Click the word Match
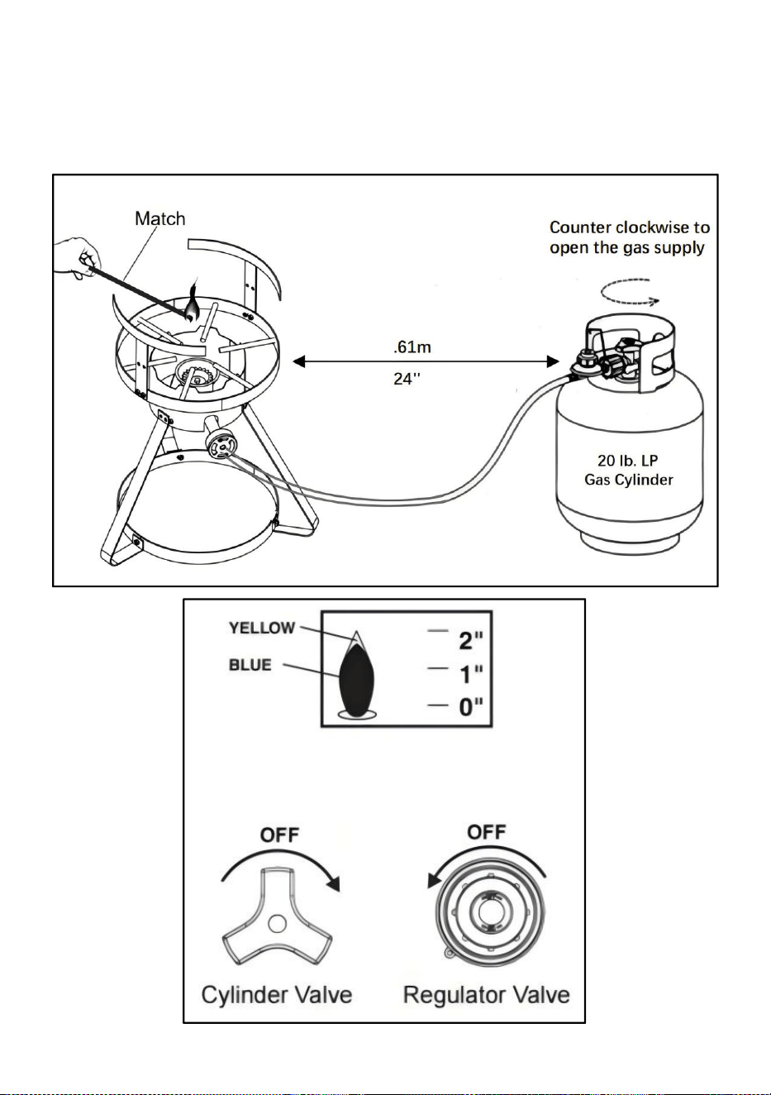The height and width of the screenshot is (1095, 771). (159, 218)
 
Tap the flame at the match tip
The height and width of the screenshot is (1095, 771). (192, 304)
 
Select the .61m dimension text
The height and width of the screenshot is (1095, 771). (412, 347)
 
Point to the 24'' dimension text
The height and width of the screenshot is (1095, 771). (407, 378)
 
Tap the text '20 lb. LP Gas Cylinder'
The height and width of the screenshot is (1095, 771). (628, 470)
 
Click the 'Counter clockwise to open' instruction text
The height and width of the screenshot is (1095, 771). (630, 237)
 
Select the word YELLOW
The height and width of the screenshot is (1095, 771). (262, 628)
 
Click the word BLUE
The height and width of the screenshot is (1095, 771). (250, 665)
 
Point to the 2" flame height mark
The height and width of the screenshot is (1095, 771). (470, 639)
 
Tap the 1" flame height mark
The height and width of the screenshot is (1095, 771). (470, 674)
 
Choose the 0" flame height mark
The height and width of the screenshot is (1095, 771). (470, 707)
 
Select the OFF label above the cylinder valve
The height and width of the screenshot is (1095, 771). (280, 835)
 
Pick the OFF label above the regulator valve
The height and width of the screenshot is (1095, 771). (487, 832)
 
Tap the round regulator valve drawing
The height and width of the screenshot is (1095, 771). (489, 911)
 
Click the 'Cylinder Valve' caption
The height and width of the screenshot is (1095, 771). (277, 995)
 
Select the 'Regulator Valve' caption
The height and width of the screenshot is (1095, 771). (487, 995)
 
